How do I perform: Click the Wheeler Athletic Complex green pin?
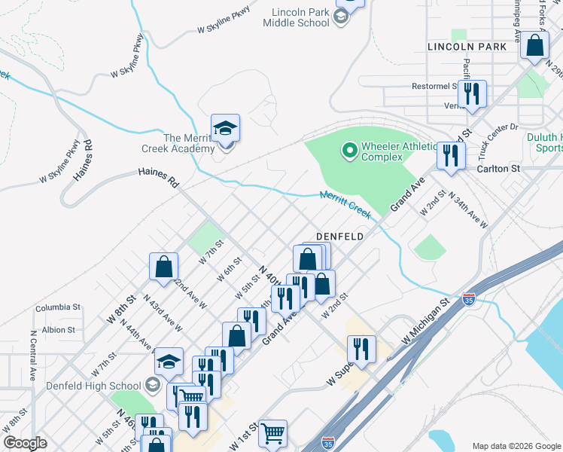click(x=349, y=151)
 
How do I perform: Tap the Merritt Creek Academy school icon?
click(x=225, y=129)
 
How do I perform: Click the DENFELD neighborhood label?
click(x=340, y=236)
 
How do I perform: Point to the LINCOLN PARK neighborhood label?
click(x=467, y=47)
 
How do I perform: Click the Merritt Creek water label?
click(x=345, y=204)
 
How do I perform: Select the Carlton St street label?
click(x=498, y=169)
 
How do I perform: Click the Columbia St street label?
click(x=57, y=307)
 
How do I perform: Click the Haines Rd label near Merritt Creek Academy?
click(x=158, y=178)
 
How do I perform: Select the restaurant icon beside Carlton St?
click(x=451, y=156)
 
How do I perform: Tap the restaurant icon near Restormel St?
click(x=472, y=94)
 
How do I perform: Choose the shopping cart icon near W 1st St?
click(x=272, y=432)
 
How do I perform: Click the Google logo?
click(x=25, y=443)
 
